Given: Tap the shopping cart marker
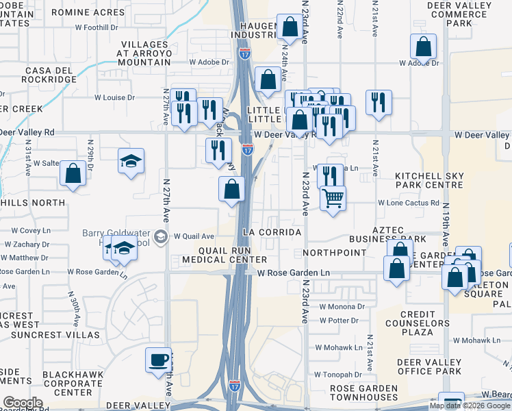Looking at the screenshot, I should [x=333, y=199].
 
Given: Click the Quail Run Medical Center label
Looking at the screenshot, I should [x=224, y=254].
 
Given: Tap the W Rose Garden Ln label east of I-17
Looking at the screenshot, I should [x=294, y=273].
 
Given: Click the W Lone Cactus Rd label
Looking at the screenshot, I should [x=409, y=203].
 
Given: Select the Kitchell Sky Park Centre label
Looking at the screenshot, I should [x=428, y=181].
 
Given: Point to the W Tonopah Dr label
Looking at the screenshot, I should [x=337, y=375].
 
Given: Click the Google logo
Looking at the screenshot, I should [x=23, y=403].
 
